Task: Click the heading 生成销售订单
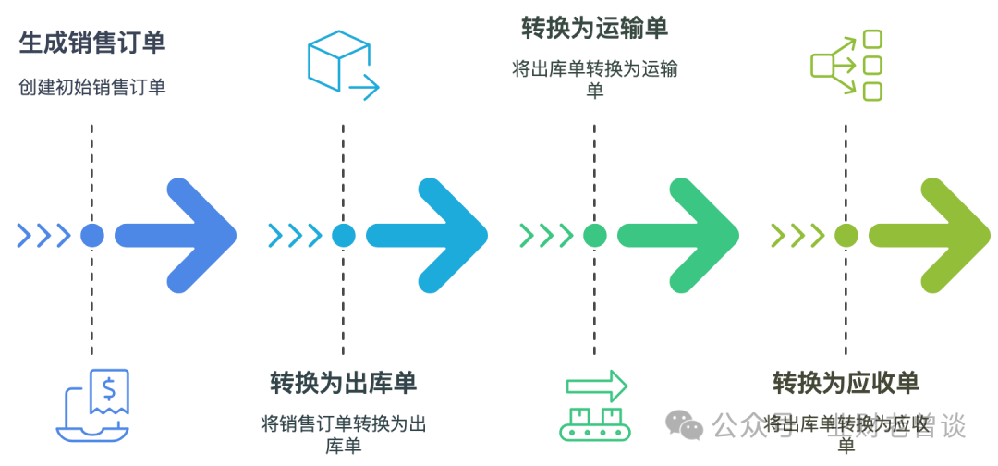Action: pos(91,43)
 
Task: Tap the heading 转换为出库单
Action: pos(343,383)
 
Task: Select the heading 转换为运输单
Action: pos(594,29)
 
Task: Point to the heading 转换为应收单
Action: pos(846,383)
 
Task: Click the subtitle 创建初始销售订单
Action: pos(91,88)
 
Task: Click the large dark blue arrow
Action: pos(180,235)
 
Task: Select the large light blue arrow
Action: pos(431,235)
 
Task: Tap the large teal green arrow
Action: pos(682,235)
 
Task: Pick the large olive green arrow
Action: pos(933,235)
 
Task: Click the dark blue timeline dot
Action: pos(91,235)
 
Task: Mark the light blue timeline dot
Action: pos(343,235)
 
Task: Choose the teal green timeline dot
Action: pos(594,235)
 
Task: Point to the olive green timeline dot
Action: pos(846,235)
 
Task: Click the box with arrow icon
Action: pos(342,64)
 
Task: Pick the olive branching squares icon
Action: pos(846,64)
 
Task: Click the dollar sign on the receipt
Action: pos(110,386)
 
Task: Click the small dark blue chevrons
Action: pos(44,235)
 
